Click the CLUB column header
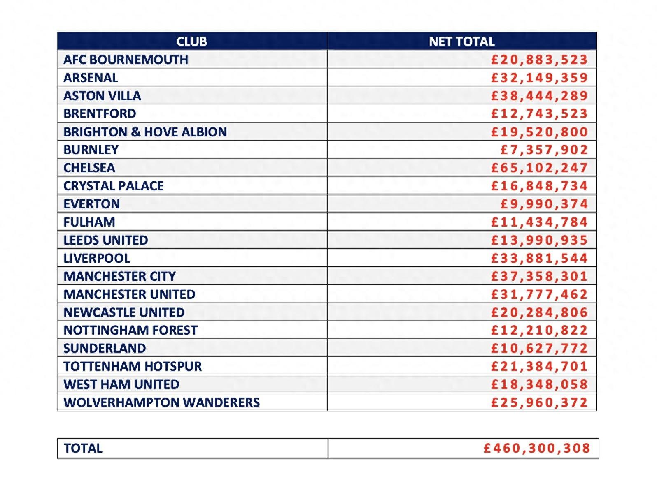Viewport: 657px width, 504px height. pyautogui.click(x=192, y=42)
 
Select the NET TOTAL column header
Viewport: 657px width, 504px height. pyautogui.click(x=461, y=42)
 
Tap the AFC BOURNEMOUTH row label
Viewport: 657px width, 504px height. pyautogui.click(x=126, y=60)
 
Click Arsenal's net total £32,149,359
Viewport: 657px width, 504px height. pyautogui.click(x=539, y=78)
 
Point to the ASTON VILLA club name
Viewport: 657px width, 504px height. pyautogui.click(x=102, y=96)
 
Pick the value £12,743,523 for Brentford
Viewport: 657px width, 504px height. pyautogui.click(x=539, y=114)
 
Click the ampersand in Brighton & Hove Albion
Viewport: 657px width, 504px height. pyautogui.click(x=135, y=132)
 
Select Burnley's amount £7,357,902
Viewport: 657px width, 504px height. pyautogui.click(x=544, y=150)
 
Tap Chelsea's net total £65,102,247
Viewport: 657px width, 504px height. pyautogui.click(x=539, y=168)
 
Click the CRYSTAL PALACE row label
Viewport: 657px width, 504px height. pyautogui.click(x=113, y=186)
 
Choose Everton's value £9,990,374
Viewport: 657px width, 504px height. pyautogui.click(x=544, y=204)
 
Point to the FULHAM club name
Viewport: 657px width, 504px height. pyautogui.click(x=89, y=222)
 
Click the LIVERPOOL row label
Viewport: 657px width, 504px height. pyautogui.click(x=97, y=258)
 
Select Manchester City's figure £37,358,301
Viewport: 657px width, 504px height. pyautogui.click(x=539, y=276)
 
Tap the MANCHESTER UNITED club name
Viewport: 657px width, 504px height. pyautogui.click(x=129, y=294)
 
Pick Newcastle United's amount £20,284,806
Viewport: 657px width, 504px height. pyautogui.click(x=539, y=312)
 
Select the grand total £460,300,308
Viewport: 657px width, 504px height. pyautogui.click(x=537, y=448)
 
